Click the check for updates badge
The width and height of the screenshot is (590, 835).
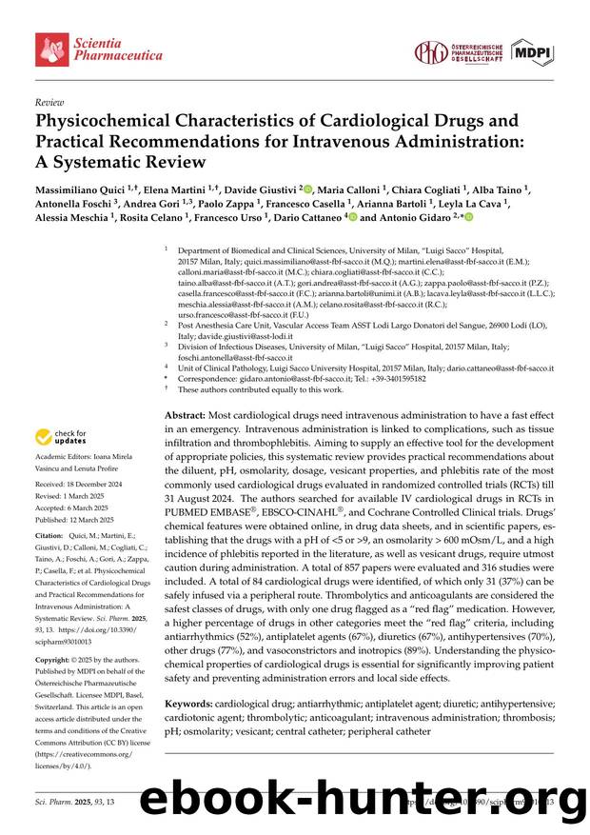tap(63, 437)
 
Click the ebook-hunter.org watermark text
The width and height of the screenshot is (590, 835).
tap(362, 800)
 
